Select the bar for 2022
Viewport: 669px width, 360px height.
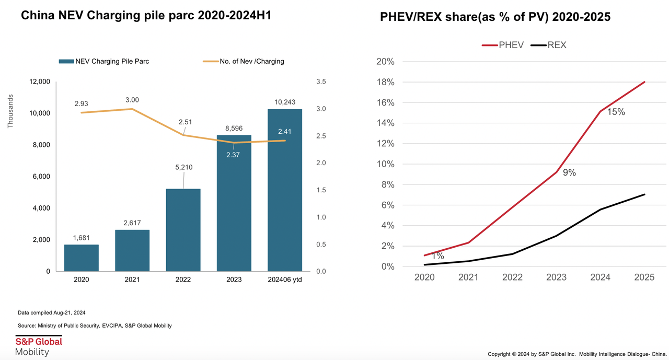click(x=183, y=230)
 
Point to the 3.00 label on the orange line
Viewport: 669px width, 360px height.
click(x=132, y=100)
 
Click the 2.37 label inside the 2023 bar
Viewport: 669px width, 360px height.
click(x=234, y=155)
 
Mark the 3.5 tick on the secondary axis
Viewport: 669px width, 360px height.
click(x=321, y=82)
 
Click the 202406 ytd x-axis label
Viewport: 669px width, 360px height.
click(x=285, y=280)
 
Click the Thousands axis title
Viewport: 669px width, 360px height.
click(x=10, y=111)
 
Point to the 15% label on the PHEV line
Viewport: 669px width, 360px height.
click(x=616, y=112)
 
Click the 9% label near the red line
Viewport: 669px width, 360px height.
click(x=569, y=172)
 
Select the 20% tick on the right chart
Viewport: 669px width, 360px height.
click(x=385, y=62)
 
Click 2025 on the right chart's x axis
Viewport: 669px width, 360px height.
click(x=644, y=277)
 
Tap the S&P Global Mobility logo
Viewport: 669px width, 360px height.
click(x=39, y=346)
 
